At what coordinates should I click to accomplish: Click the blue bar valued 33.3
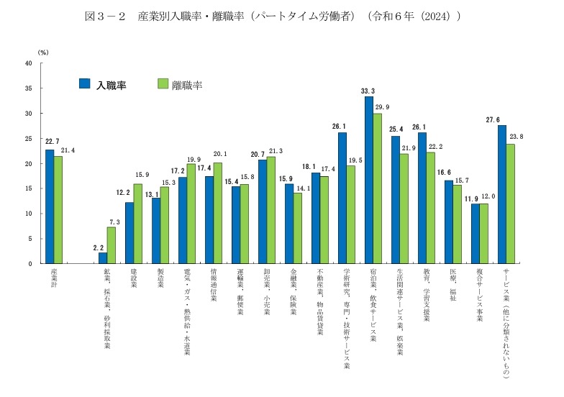pos(369,180)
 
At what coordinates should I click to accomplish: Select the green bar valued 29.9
pos(378,188)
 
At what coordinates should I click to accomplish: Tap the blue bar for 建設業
pos(129,233)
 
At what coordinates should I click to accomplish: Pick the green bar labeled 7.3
pos(112,245)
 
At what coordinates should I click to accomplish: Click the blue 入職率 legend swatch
pos(83,83)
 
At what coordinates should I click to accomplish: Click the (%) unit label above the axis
pos(42,53)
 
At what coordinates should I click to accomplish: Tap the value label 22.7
pos(49,142)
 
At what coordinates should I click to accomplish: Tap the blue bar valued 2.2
pos(103,258)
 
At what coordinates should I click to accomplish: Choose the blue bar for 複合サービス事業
pos(475,234)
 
